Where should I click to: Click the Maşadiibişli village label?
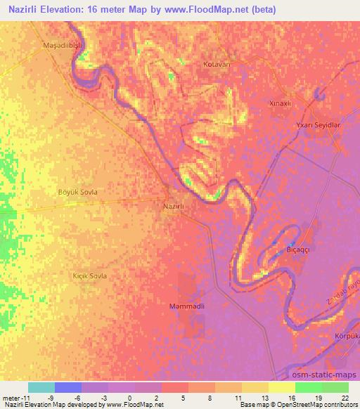coord(63,46)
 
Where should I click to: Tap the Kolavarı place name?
coord(217,64)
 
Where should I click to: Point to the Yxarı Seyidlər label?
coord(318,124)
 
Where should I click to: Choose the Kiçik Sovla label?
coord(90,276)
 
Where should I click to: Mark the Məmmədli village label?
coord(186,306)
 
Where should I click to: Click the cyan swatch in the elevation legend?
coord(41,387)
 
